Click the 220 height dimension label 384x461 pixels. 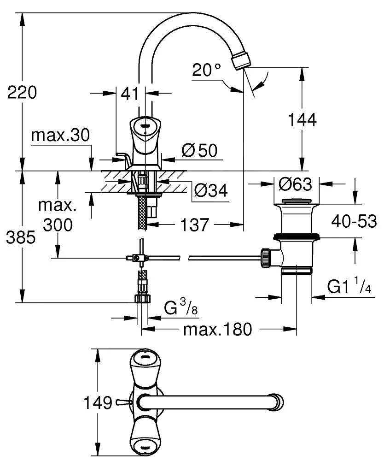pyautogui.click(x=22, y=92)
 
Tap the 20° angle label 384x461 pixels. pyautogui.click(x=206, y=70)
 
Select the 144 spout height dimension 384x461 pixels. pyautogui.click(x=302, y=120)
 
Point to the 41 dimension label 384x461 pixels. pyautogui.click(x=129, y=94)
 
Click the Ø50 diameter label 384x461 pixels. pyautogui.click(x=200, y=150)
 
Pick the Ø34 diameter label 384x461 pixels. pyautogui.click(x=211, y=190)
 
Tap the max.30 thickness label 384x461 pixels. pyautogui.click(x=60, y=136)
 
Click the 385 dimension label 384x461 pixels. pyautogui.click(x=21, y=237)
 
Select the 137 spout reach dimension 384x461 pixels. pyautogui.click(x=194, y=225)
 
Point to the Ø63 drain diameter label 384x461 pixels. pyautogui.click(x=295, y=184)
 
